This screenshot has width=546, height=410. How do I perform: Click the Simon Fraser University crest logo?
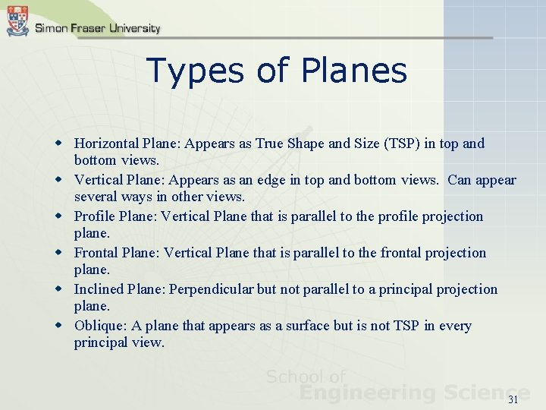point(17,20)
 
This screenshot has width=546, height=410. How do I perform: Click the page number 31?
point(513,399)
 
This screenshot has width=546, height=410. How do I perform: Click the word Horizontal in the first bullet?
point(106,143)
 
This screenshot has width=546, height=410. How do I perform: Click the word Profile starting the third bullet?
point(94,216)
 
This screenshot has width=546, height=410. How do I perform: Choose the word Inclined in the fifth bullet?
point(99,289)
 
